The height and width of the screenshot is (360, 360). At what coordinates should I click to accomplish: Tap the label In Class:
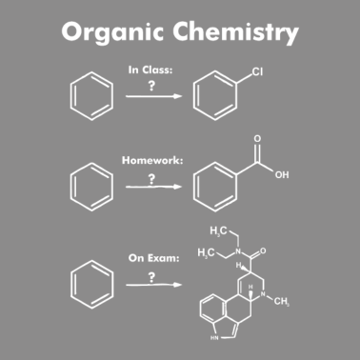coord(150,70)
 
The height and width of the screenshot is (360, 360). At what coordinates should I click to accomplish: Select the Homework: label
coord(150,161)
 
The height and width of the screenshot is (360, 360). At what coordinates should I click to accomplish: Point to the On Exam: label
coord(150,257)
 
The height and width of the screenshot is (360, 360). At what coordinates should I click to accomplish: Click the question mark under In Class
coord(150,85)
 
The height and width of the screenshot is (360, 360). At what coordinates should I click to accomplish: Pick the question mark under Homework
coord(150,177)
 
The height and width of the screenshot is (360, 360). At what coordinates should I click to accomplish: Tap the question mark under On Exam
coord(150,276)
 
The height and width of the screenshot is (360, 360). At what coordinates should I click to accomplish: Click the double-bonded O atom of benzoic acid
coord(256,140)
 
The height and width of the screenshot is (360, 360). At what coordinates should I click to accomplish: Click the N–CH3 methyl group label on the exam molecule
coord(281,302)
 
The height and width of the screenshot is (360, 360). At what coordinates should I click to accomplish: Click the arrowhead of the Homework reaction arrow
coord(178,187)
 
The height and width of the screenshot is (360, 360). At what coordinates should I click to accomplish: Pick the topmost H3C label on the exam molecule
coord(219,232)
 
